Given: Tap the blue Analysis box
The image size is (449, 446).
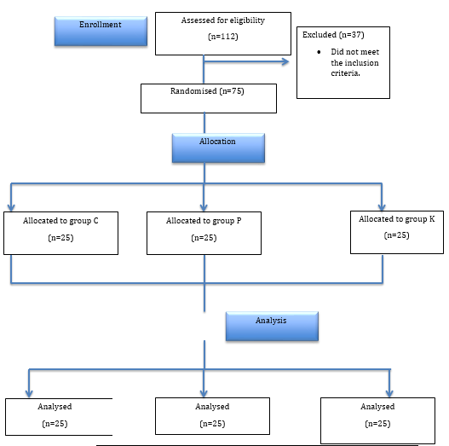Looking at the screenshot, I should (x=272, y=324).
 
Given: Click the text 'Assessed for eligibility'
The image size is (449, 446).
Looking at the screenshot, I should (x=223, y=20).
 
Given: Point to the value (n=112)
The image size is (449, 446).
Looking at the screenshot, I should (x=223, y=38).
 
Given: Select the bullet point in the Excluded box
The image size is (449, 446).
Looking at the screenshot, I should (x=314, y=52).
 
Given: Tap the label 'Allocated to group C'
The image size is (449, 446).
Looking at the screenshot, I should (x=61, y=220).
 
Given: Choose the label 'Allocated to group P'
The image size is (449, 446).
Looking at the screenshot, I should (x=203, y=220).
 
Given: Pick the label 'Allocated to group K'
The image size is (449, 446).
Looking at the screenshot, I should (x=396, y=219).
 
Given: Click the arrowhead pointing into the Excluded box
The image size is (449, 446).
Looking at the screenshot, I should (x=285, y=61).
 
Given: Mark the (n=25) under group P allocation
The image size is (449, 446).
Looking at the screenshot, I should (x=203, y=238).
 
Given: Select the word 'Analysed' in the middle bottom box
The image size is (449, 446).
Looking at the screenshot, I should (x=212, y=407).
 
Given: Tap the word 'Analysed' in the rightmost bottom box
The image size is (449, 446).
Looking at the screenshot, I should (x=377, y=407).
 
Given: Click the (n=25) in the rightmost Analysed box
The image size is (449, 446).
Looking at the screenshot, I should (x=377, y=424).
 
